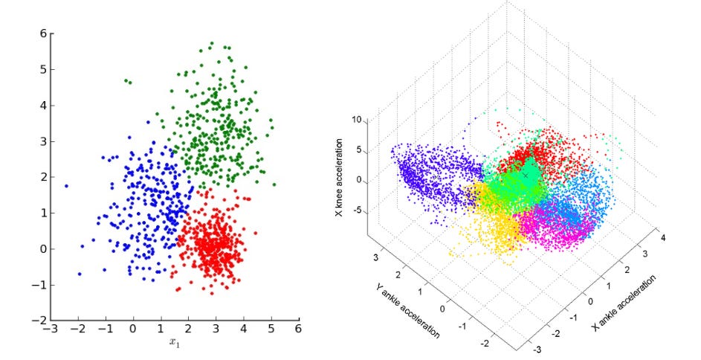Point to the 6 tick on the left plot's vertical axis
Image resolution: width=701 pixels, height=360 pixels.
click(x=42, y=33)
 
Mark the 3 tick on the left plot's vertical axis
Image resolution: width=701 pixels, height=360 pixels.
click(x=42, y=141)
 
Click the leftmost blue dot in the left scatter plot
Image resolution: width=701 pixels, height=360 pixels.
click(x=66, y=186)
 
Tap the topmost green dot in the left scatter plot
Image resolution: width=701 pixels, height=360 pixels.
click(x=212, y=43)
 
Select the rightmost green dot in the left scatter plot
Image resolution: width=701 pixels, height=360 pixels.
click(x=274, y=184)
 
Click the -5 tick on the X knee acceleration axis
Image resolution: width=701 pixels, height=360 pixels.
click(x=357, y=210)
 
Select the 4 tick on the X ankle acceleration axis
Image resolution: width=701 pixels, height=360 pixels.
click(x=662, y=237)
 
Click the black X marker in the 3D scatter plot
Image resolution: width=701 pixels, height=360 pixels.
click(x=526, y=175)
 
